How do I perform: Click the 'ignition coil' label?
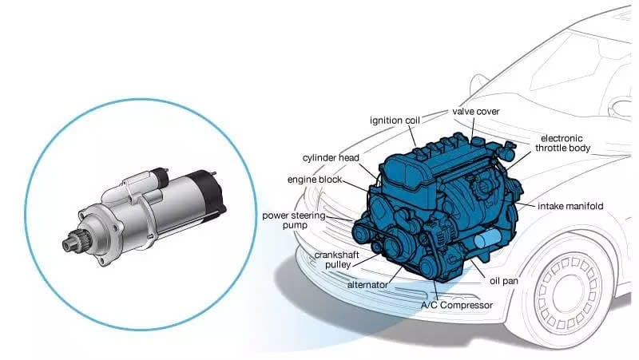[395, 121]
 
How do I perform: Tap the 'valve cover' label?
[475, 112]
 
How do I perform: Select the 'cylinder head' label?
[331, 158]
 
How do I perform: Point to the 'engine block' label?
[314, 180]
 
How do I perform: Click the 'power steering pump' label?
[294, 220]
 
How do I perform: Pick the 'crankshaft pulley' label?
[336, 259]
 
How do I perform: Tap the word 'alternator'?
[367, 285]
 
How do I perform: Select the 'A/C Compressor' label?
[457, 305]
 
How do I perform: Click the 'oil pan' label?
[504, 281]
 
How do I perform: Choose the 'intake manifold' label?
[570, 206]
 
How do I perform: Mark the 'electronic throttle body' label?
[562, 143]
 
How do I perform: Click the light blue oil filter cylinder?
[487, 238]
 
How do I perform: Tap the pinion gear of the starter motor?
[73, 242]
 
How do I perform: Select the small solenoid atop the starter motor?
[157, 178]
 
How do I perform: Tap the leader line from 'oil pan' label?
[478, 270]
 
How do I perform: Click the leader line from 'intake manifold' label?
[525, 204]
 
